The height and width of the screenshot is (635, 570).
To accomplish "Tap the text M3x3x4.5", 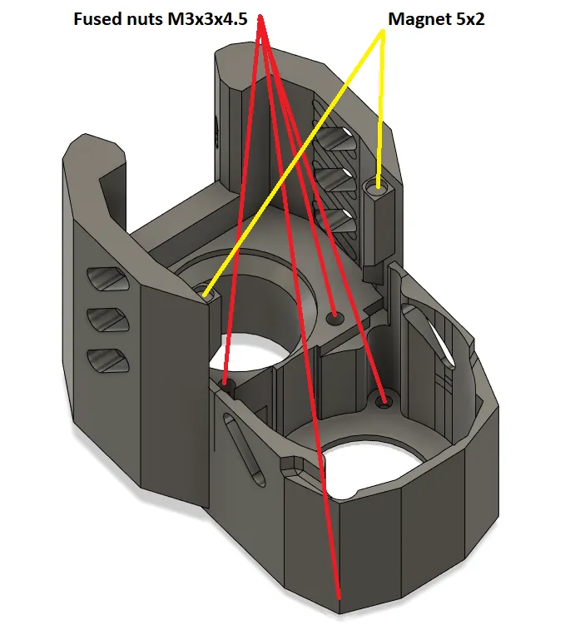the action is pos(207,19).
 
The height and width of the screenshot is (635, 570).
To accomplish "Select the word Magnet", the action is pos(419,19).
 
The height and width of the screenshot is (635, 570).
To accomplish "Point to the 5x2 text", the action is pos(469,19).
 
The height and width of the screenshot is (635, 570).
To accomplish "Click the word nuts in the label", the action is pos(143,19).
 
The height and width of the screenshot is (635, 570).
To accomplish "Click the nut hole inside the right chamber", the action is pos(384,402).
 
